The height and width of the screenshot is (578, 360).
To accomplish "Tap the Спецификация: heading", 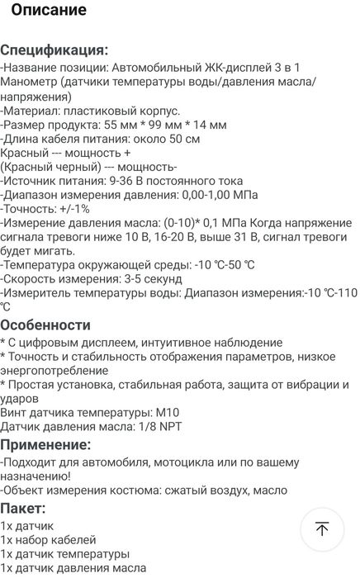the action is click(54, 50).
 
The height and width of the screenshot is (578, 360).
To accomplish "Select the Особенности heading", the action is click(45, 325).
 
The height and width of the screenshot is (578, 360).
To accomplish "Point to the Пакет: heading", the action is click(24, 508).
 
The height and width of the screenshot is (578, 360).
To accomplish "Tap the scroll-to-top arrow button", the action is click(322, 529).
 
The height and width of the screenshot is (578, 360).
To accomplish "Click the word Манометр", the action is click(28, 82).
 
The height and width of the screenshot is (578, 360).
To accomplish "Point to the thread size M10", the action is click(165, 411).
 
